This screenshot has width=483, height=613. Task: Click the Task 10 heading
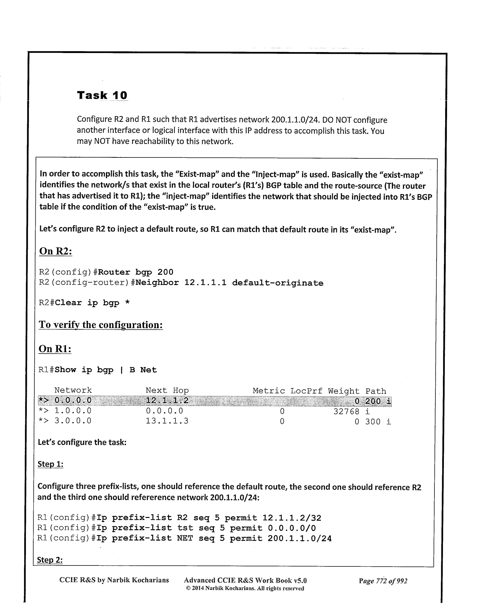[102, 95]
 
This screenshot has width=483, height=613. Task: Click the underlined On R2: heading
[55, 251]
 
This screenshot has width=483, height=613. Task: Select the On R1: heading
[55, 349]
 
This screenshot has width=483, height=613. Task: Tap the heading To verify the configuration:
[101, 325]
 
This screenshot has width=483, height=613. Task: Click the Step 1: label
[50, 464]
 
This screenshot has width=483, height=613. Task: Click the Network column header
[73, 391]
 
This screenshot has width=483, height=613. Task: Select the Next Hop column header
[167, 391]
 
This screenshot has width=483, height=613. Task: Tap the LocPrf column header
[306, 391]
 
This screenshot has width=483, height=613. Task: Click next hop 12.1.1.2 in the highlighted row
[167, 401]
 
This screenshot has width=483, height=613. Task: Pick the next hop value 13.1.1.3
[167, 421]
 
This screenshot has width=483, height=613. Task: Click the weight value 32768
[346, 411]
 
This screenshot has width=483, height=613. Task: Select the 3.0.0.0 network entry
[73, 421]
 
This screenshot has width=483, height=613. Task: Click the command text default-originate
[278, 283]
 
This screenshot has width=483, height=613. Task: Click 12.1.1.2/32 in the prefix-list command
[292, 518]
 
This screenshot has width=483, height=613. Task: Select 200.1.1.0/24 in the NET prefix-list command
[299, 539]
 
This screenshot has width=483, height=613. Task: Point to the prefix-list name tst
[185, 528]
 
